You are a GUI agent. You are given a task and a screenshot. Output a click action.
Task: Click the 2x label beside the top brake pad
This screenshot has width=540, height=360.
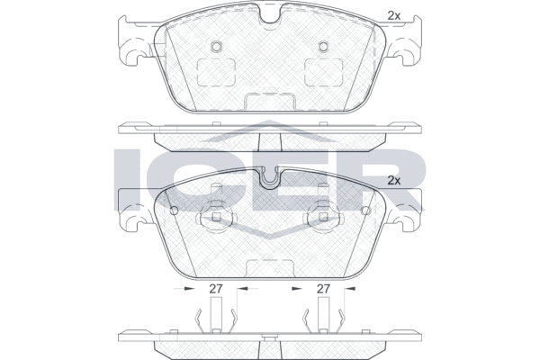pyautogui.click(x=394, y=15)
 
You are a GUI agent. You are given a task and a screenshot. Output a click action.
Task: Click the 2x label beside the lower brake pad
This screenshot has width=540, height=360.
pyautogui.click(x=394, y=181)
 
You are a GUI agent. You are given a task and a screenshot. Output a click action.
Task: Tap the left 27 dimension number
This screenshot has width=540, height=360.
pyautogui.click(x=216, y=289)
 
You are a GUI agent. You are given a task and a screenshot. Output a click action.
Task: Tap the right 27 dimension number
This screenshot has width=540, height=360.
pyautogui.click(x=323, y=289)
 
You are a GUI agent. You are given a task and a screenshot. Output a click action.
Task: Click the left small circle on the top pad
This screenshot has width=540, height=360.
pyautogui.click(x=216, y=46)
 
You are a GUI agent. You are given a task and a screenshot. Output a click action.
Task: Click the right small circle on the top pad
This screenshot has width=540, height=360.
pyautogui.click(x=323, y=46)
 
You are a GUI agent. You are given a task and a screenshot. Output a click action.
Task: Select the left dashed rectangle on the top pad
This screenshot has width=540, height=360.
pyautogui.click(x=216, y=72)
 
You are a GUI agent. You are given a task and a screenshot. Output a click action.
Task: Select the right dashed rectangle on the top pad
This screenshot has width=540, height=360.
pyautogui.click(x=324, y=72)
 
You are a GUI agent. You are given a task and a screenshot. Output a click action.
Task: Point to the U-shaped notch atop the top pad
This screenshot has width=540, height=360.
pyautogui.click(x=270, y=14)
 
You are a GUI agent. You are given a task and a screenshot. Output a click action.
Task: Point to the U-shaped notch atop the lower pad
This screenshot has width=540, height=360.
pyautogui.click(x=270, y=179)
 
